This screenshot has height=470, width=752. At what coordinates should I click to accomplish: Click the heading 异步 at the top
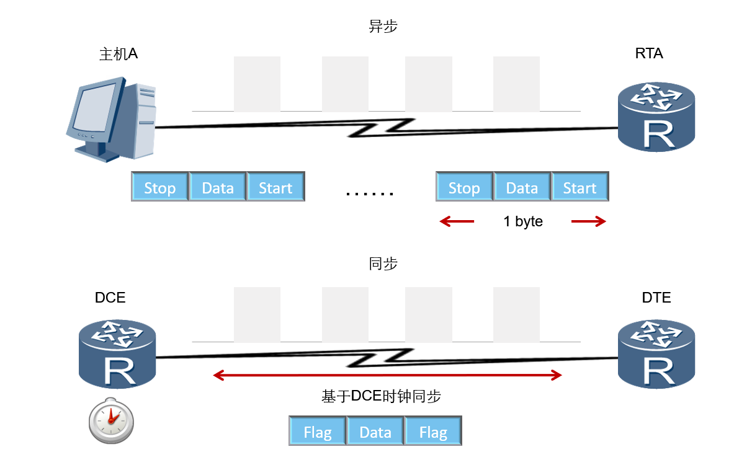[383, 27]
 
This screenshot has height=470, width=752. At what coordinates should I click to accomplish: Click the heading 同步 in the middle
[383, 264]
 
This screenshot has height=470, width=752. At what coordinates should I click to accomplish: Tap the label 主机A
[119, 54]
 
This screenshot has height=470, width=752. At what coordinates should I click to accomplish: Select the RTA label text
[649, 54]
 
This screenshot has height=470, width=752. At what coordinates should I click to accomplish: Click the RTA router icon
[656, 117]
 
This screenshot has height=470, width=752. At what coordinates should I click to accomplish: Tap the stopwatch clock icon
[111, 420]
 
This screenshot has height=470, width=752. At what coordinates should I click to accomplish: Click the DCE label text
[110, 298]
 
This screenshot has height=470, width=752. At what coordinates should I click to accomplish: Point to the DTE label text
[656, 298]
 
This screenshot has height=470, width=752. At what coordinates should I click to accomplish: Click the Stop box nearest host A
[160, 187]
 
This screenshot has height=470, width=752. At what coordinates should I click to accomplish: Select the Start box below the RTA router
[580, 187]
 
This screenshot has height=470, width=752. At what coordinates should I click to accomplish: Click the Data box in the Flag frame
[375, 432]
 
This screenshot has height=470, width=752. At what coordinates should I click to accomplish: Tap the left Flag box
[318, 432]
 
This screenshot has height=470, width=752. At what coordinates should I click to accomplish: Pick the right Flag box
[433, 432]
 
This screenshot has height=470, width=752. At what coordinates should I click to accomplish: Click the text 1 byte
[523, 222]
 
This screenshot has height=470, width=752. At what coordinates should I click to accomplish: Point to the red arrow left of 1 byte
[457, 221]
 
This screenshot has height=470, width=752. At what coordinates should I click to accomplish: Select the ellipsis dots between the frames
[370, 193]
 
